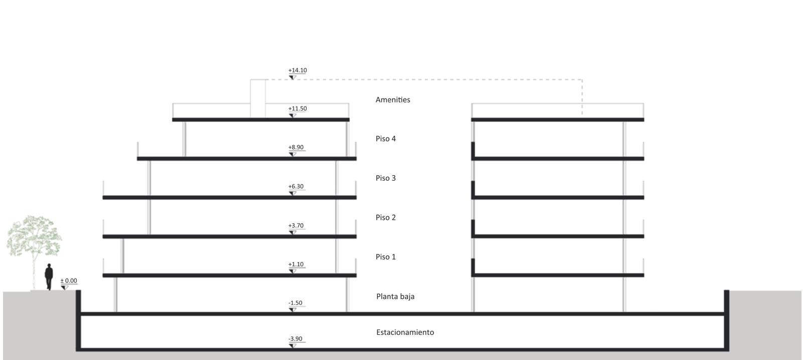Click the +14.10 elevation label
[298, 70]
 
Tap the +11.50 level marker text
[298, 108]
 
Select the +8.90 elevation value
[296, 148]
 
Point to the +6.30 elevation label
[296, 186]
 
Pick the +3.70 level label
[296, 225]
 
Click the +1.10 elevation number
[296, 264]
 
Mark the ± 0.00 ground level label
[69, 281]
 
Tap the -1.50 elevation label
[296, 303]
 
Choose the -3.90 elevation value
[296, 339]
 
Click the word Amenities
[393, 100]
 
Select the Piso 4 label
[386, 139]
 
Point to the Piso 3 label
[386, 178]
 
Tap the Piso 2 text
[386, 217]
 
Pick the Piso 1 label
[386, 257]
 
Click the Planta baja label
[395, 297]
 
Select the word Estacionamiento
[405, 332]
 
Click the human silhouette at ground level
[49, 277]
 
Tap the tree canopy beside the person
[34, 235]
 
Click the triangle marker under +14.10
[293, 77]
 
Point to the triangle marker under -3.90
[293, 345]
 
